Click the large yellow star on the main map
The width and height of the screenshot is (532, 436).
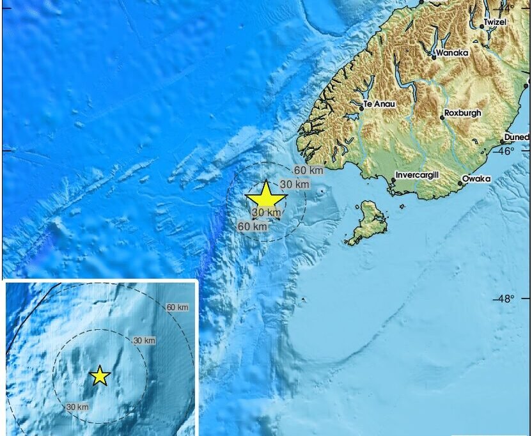[x=265, y=196]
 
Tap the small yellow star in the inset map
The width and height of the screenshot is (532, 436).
[x=100, y=376]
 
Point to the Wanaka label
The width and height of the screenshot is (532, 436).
[x=453, y=52]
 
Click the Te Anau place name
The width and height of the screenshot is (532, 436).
[x=377, y=104]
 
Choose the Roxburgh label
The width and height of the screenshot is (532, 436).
[x=463, y=113]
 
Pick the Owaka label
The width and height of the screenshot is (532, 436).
[x=476, y=179]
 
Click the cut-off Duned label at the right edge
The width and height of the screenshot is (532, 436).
[x=517, y=137]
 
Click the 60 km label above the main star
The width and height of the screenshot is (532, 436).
[x=309, y=170]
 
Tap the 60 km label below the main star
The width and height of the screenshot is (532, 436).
[x=253, y=226]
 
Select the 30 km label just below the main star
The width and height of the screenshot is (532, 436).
[x=266, y=212]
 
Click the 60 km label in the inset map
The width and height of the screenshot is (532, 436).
[x=177, y=308]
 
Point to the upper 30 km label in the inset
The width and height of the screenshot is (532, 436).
[x=144, y=341]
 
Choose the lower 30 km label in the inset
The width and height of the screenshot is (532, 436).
[x=77, y=407]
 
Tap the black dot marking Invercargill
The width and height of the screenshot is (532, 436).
[x=393, y=181]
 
